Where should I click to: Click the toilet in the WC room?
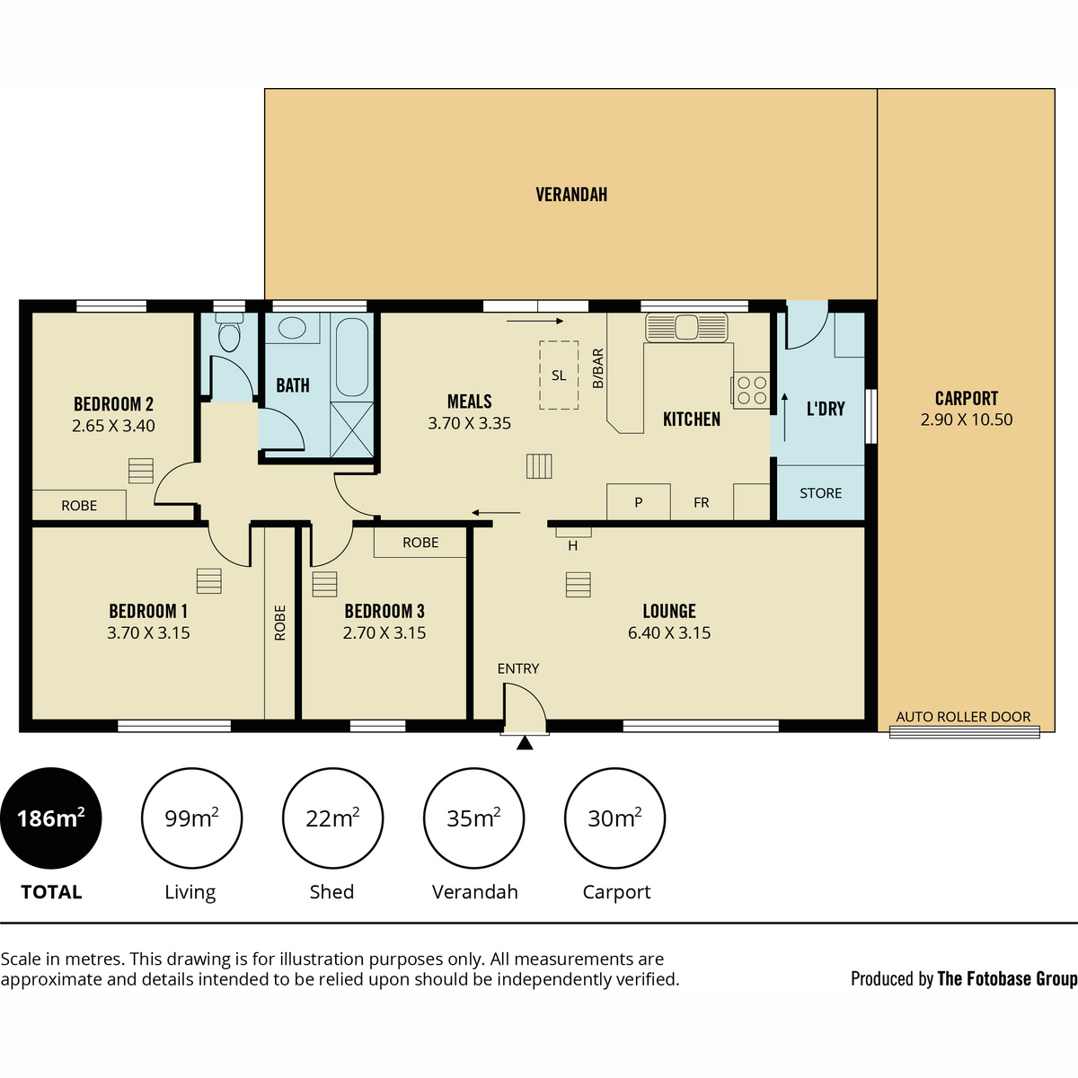click(229, 332)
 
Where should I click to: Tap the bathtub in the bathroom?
click(352, 357)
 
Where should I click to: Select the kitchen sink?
click(686, 327)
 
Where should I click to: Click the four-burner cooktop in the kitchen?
click(751, 390)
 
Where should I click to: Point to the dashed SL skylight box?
click(559, 375)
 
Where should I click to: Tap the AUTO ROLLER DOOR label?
click(963, 717)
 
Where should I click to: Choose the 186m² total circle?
click(51, 818)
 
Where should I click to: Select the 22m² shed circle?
click(333, 818)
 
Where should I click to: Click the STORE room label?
click(821, 493)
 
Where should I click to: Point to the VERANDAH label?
click(571, 194)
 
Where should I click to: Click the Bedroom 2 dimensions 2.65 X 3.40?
click(113, 426)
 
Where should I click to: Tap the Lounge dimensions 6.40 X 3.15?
click(669, 632)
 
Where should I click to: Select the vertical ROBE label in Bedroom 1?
click(279, 623)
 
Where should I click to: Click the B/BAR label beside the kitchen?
click(598, 368)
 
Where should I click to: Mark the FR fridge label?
click(701, 502)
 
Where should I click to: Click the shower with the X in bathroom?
click(352, 429)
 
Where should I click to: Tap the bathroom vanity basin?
click(292, 328)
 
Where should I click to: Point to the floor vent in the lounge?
click(578, 585)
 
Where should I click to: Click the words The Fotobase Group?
click(1008, 978)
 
